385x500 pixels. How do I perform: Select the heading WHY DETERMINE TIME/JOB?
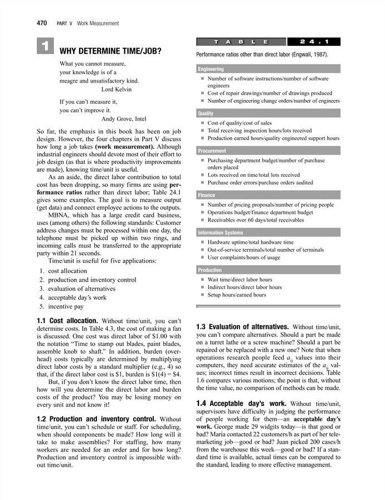point(110,51)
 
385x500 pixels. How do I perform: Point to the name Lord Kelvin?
point(120,89)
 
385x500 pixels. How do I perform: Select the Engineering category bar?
point(268,69)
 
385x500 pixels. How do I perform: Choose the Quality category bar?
point(268,113)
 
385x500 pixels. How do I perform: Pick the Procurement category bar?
point(268,151)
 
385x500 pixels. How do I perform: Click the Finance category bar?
point(268,195)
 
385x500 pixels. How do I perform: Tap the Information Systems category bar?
point(268,233)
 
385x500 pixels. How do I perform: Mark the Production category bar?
point(268,270)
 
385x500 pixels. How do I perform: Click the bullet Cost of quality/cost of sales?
point(240,123)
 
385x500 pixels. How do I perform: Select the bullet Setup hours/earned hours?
point(237,295)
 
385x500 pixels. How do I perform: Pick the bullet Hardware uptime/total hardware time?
point(250,242)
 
